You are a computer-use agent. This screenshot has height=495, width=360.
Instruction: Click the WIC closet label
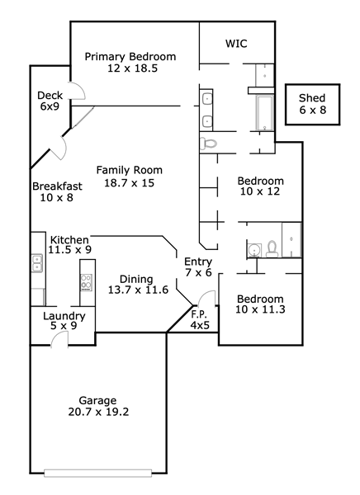coord(236,43)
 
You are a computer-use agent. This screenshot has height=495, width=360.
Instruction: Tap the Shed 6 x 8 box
coord(312,105)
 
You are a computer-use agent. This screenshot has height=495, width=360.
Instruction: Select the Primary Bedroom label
coord(130,57)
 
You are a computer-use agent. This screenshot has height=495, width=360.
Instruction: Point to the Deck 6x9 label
coord(50,101)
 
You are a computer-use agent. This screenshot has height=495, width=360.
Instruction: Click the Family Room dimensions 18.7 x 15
coord(130,183)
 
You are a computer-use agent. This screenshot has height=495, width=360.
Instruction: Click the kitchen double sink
coord(37,263)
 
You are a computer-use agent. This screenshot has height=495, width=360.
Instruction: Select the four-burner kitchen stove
coord(87,282)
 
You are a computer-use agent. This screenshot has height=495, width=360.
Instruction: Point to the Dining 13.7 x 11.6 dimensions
coord(138,290)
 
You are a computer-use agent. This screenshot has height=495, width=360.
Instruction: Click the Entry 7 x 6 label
coord(198,266)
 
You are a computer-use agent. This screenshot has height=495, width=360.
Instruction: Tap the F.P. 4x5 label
coord(200,319)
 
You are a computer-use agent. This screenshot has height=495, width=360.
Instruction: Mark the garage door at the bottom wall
coord(98,474)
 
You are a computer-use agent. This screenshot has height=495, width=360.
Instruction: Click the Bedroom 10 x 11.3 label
coord(260,304)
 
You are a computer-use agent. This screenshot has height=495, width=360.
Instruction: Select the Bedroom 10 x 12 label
coord(260,186)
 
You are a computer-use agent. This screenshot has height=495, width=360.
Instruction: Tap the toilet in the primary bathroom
coord(209,144)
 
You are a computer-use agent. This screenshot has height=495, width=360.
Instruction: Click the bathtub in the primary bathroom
coord(264,113)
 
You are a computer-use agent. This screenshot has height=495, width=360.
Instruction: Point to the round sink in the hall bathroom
coord(253,250)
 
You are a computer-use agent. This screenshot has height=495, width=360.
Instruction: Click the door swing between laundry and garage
coord(59,340)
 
